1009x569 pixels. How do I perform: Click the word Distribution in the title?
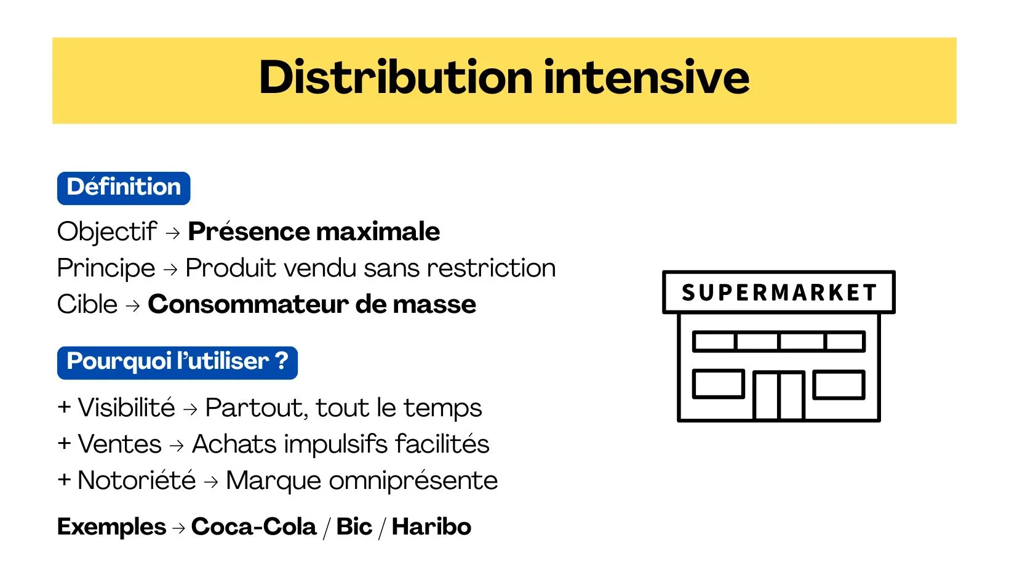pyautogui.click(x=396, y=77)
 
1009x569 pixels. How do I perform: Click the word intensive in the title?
pyautogui.click(x=647, y=77)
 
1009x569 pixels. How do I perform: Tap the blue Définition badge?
pyautogui.click(x=124, y=188)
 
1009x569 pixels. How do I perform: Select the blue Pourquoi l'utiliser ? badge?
pyautogui.click(x=177, y=363)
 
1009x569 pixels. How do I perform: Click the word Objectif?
pyautogui.click(x=107, y=232)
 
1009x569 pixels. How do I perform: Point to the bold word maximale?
pyautogui.click(x=378, y=232)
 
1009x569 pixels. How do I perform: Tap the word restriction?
pyautogui.click(x=491, y=268)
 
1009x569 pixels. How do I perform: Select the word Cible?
pyautogui.click(x=87, y=304)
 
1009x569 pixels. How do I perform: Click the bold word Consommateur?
pyautogui.click(x=248, y=304)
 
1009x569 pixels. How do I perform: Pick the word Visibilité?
pyautogui.click(x=126, y=407)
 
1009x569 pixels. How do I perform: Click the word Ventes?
pyautogui.click(x=120, y=443)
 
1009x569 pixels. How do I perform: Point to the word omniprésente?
pyautogui.click(x=413, y=481)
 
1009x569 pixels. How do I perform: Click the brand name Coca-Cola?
pyautogui.click(x=253, y=527)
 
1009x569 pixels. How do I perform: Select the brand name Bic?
pyautogui.click(x=354, y=527)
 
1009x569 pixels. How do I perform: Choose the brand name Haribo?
pyautogui.click(x=431, y=527)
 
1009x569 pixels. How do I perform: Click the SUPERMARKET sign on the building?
pyautogui.click(x=779, y=292)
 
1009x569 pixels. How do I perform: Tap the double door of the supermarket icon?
pyautogui.click(x=779, y=396)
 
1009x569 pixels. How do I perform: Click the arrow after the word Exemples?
pyautogui.click(x=179, y=528)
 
